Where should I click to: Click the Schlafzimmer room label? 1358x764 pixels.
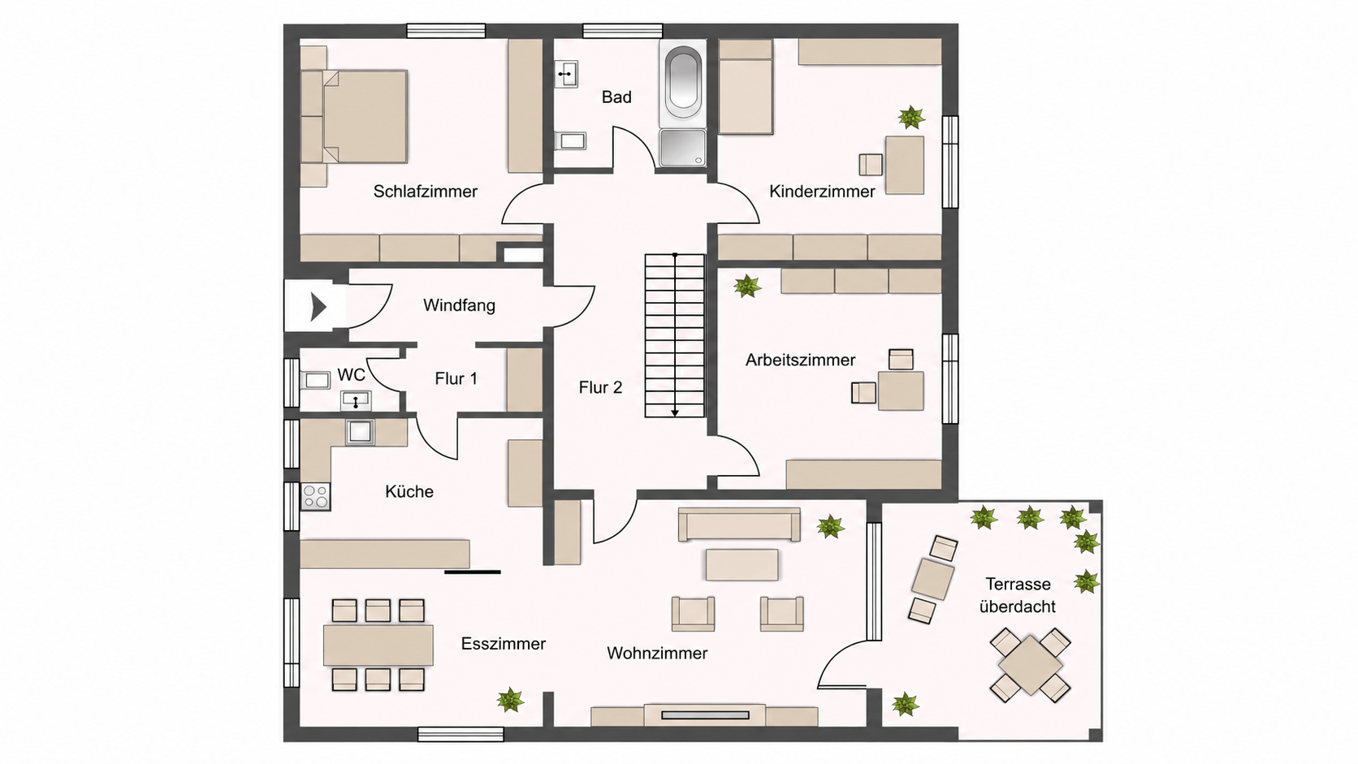point(425,192)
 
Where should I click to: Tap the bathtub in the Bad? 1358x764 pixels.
point(683,83)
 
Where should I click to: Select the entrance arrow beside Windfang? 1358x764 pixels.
point(318,307)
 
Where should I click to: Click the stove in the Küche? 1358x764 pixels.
point(315,496)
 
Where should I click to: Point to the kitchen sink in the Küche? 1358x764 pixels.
point(360,432)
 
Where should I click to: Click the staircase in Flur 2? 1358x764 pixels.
point(675,335)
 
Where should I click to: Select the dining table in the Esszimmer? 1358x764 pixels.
point(378,645)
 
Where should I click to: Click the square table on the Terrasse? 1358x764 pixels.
point(1030,665)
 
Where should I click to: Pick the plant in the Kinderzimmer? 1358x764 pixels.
point(911,117)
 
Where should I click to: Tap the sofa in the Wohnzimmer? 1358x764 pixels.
point(739,524)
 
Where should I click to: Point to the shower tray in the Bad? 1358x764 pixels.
point(683,147)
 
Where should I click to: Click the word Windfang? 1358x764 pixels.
point(459,305)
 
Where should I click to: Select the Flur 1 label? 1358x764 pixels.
point(456,378)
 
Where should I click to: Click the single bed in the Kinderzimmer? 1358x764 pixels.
point(746,87)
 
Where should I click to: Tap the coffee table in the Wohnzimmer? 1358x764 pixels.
point(742,564)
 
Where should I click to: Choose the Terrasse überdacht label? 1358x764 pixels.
point(1018,595)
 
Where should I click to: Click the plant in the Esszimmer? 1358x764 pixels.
point(510,700)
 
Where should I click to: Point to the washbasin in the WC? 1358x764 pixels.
point(356,400)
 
